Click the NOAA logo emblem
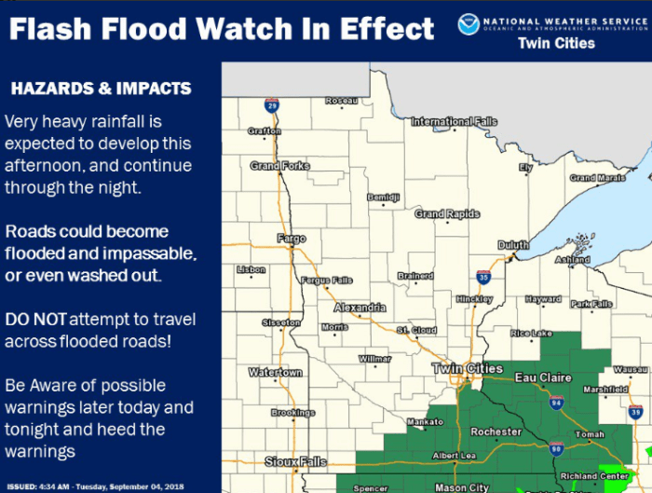point(469,24)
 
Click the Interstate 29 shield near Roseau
point(271,106)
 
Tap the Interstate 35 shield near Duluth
point(482,277)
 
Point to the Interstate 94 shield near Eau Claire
point(556,403)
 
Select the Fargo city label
point(291,239)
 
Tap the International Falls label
point(455,121)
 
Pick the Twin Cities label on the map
point(468,369)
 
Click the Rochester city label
point(496,431)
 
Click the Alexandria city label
point(360,308)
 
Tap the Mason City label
point(462,486)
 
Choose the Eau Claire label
point(541,377)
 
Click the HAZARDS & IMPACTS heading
point(100,89)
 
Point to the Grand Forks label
point(279,166)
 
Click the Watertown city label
point(275,373)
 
